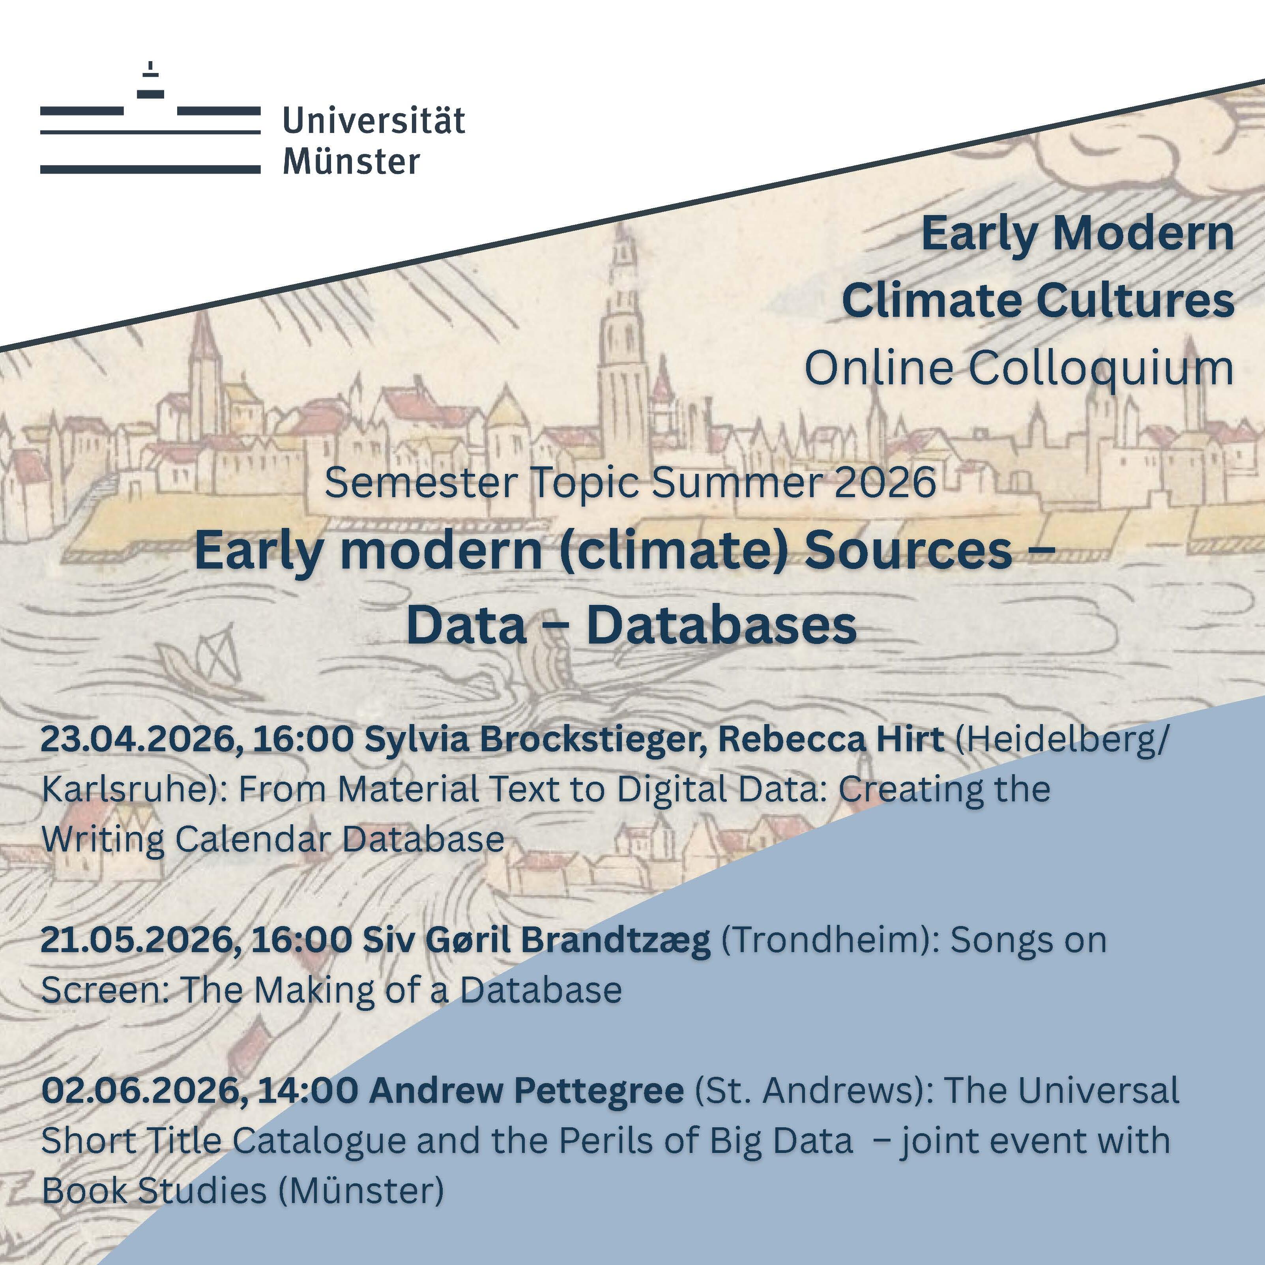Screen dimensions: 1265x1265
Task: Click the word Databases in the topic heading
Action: point(722,625)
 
